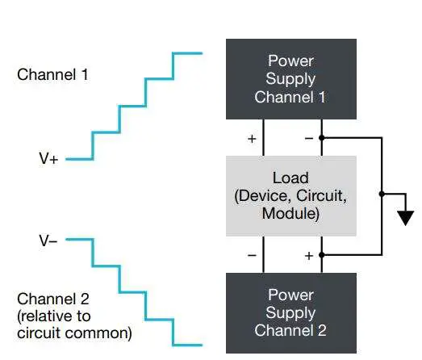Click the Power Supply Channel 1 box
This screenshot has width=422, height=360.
point(291,79)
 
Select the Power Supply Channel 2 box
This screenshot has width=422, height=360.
point(291,312)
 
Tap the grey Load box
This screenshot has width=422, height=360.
point(291,195)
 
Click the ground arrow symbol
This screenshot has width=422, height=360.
point(405,216)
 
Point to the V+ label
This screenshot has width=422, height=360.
point(48,160)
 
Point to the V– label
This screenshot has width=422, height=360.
point(48,240)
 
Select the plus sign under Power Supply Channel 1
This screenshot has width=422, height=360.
point(251,139)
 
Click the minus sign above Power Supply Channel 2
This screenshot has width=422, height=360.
point(251,255)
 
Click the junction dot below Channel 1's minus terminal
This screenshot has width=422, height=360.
point(322,138)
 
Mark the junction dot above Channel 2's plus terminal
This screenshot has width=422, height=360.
point(322,254)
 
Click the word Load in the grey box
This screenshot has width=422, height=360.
point(291,178)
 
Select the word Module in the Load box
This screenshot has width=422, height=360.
point(291,214)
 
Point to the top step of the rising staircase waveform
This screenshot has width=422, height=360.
point(187,54)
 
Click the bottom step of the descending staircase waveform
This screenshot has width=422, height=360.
point(187,345)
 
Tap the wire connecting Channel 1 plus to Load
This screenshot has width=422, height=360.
point(264,137)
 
